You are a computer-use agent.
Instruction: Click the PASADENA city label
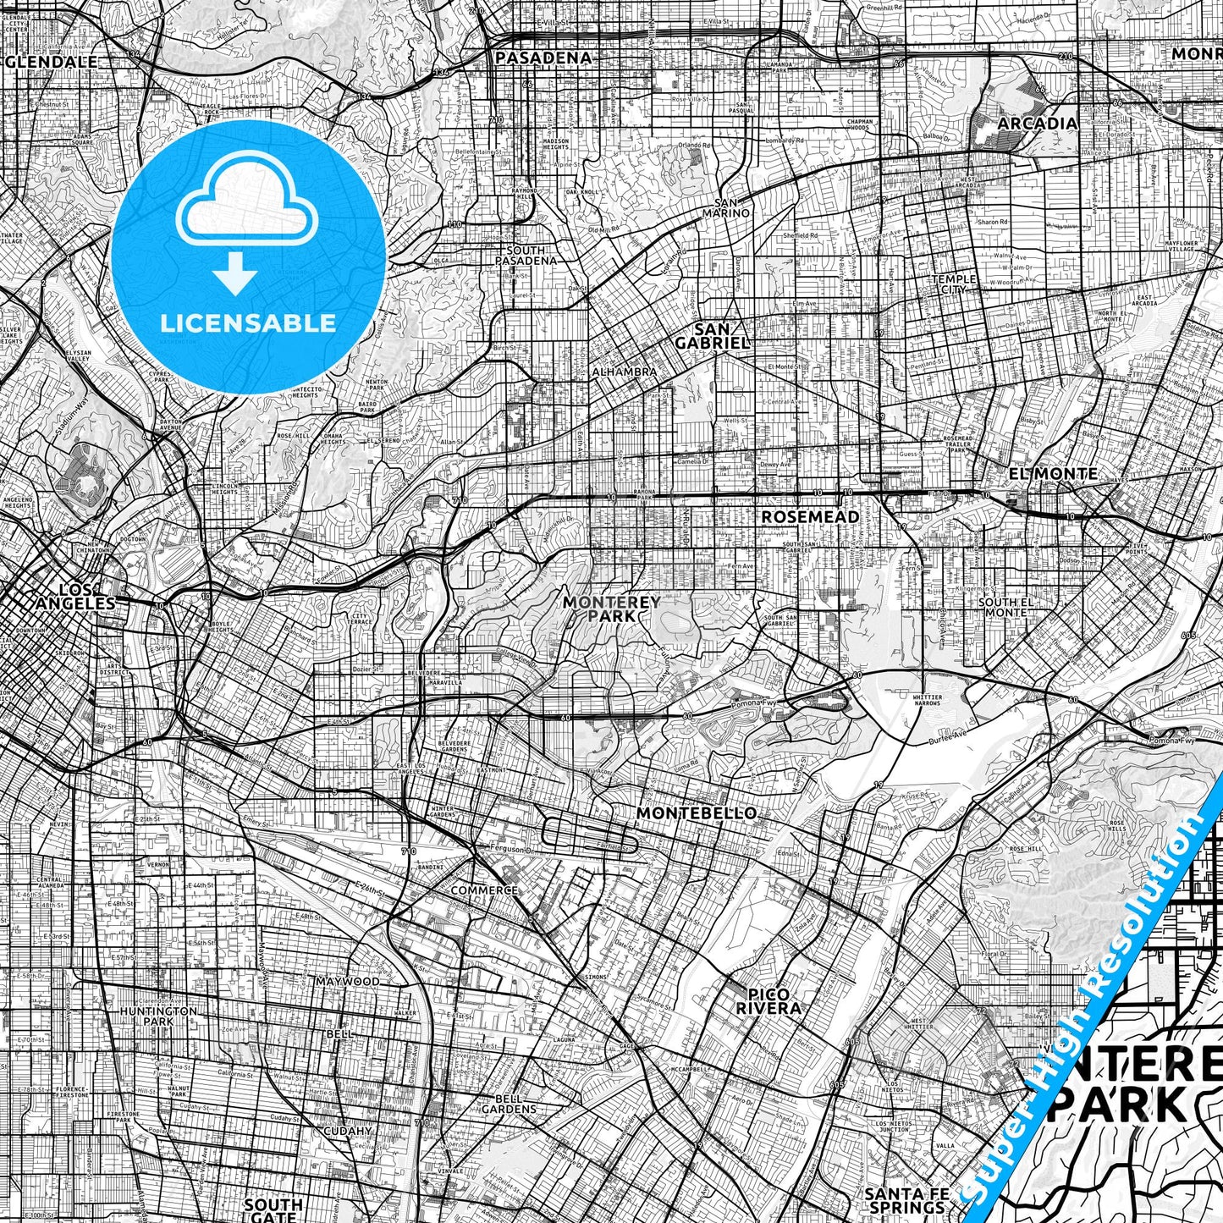point(543,58)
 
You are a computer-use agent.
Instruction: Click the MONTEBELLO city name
point(696,813)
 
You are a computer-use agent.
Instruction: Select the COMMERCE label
point(484,890)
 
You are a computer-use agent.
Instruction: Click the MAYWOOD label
point(348,982)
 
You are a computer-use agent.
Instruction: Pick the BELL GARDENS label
point(509,1104)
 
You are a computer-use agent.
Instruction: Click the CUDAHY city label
point(348,1130)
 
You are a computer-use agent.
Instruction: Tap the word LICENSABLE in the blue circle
point(248,322)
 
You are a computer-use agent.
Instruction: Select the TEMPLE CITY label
point(954,284)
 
